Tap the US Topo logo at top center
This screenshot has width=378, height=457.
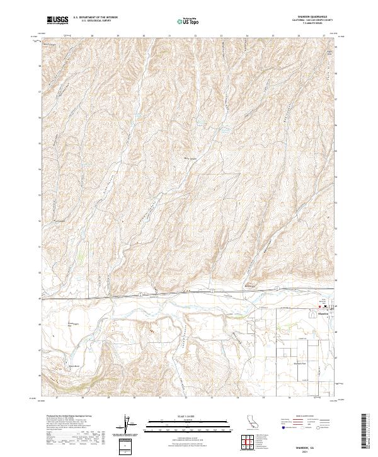click(x=188, y=21)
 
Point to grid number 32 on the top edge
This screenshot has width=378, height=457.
click(x=195, y=37)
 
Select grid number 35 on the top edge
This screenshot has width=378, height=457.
click(x=273, y=37)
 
